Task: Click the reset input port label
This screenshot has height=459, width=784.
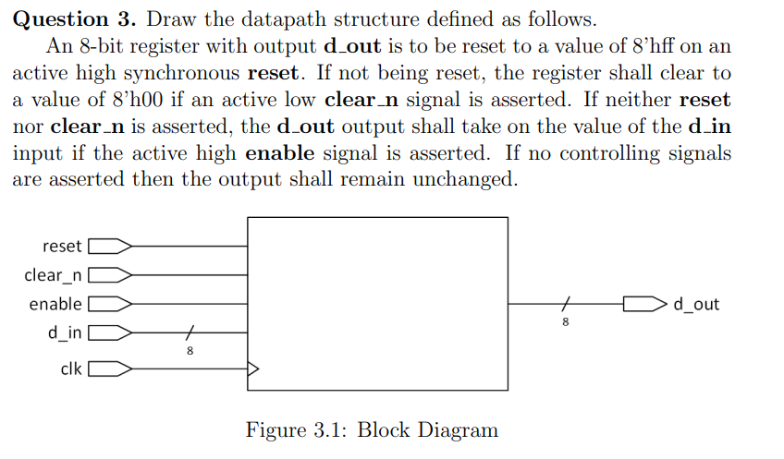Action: point(62,247)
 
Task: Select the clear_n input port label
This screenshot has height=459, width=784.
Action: point(54,275)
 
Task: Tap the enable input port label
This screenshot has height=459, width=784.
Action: point(55,304)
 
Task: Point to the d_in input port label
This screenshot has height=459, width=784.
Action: point(64,332)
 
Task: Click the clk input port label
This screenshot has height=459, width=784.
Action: point(71,369)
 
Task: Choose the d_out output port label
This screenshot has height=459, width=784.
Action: point(696,304)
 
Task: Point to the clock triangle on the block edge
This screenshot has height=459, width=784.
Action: point(253,369)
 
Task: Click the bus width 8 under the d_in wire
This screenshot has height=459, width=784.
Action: point(190,350)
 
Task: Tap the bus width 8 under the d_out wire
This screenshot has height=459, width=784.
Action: point(566,321)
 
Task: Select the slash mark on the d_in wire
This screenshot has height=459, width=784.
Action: point(190,332)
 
